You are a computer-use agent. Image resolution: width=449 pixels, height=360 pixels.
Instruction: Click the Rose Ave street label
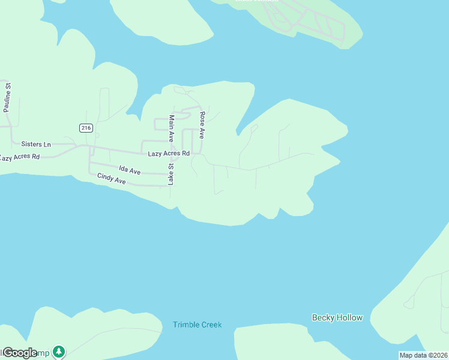202,125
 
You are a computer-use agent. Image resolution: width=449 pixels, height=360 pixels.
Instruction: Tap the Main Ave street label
171,128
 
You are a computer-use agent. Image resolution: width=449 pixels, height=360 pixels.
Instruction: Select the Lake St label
170,174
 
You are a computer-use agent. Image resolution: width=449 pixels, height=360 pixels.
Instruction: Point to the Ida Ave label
129,171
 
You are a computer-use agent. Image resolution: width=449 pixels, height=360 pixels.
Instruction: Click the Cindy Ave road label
111,178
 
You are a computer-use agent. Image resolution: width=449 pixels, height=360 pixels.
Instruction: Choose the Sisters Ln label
36,144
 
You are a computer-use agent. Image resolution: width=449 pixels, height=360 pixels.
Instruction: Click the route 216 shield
85,128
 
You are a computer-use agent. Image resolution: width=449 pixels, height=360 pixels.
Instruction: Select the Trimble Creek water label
197,325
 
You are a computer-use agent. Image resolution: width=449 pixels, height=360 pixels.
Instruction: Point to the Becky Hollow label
337,317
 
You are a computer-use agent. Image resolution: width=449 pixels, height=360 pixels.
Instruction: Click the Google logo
19,353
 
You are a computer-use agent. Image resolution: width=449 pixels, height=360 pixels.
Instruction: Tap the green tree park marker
58,350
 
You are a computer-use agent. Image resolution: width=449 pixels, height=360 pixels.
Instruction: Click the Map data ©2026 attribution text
424,355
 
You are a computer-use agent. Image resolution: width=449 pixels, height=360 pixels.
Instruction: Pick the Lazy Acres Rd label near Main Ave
169,154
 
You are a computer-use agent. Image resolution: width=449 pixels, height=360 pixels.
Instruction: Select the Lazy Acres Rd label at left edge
19,157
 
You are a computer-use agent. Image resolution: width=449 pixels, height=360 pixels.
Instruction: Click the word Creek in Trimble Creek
210,325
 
